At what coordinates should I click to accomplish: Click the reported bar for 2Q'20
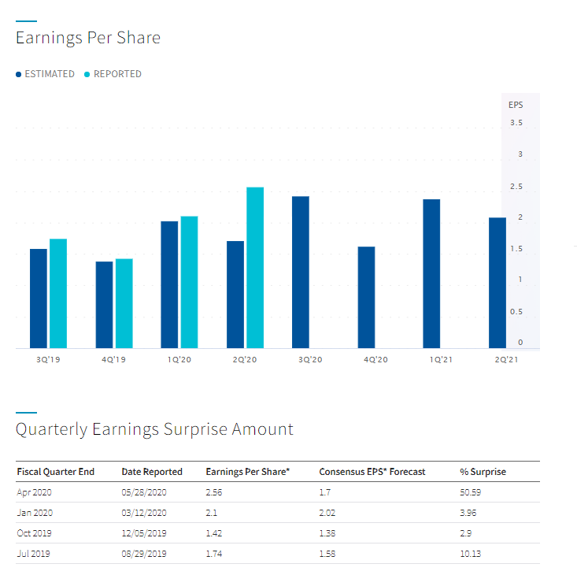[x=255, y=268]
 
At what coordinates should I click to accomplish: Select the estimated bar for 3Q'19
[x=39, y=299]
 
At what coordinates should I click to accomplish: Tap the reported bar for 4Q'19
[x=124, y=303]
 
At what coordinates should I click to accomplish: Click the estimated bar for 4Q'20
[x=366, y=297]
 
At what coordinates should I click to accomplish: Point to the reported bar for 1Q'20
[x=189, y=282]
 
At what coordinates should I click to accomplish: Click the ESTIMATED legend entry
[x=46, y=74]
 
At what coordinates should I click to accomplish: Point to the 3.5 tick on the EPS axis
[x=516, y=123]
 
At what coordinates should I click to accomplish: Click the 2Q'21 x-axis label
[x=507, y=359]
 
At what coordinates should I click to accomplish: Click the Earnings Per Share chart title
[x=88, y=38]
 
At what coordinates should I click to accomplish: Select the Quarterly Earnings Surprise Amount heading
[x=154, y=429]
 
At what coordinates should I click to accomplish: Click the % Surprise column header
[x=483, y=472]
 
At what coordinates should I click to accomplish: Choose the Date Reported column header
[x=152, y=472]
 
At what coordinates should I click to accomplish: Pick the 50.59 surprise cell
[x=471, y=492]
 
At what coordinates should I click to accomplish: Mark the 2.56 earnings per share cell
[x=214, y=492]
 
